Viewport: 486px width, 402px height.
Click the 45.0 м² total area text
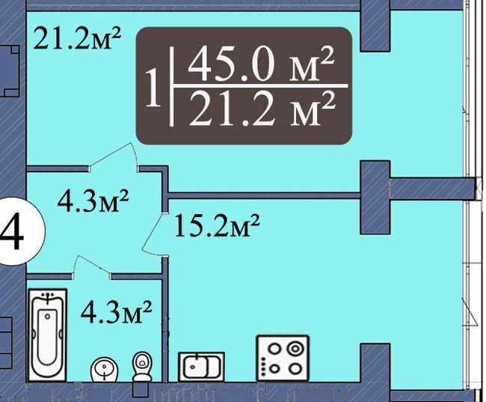261,64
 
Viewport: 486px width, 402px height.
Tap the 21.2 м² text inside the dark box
262,109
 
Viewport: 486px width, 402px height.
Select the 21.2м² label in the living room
77,38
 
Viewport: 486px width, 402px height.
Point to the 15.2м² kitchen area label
217,225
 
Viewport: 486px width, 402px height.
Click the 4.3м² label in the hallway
93,201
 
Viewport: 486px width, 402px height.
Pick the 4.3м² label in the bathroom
116,311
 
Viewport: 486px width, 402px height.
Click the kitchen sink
201,366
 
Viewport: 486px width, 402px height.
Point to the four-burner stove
283,359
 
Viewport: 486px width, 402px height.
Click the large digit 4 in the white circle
12,232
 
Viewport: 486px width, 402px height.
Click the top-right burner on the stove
294,348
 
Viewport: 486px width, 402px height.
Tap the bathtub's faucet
47,297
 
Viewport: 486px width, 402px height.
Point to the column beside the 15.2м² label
375,197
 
